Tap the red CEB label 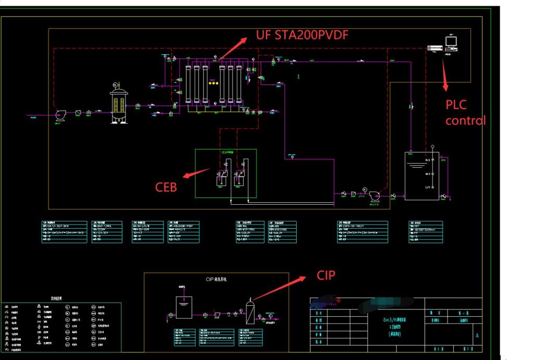[x=167, y=186]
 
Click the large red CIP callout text [x=326, y=275]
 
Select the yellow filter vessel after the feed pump [x=119, y=103]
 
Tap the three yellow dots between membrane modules [x=212, y=83]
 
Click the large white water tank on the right [x=422, y=176]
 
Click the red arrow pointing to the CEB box [x=198, y=172]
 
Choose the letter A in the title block [x=477, y=336]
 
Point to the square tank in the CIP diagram [x=183, y=307]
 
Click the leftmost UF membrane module [x=189, y=83]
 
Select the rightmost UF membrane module [x=239, y=83]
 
